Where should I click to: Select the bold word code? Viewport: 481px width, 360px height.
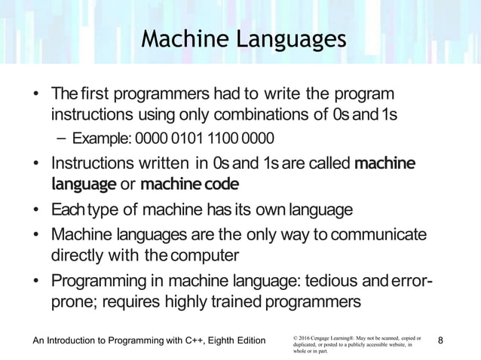coord(219,184)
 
